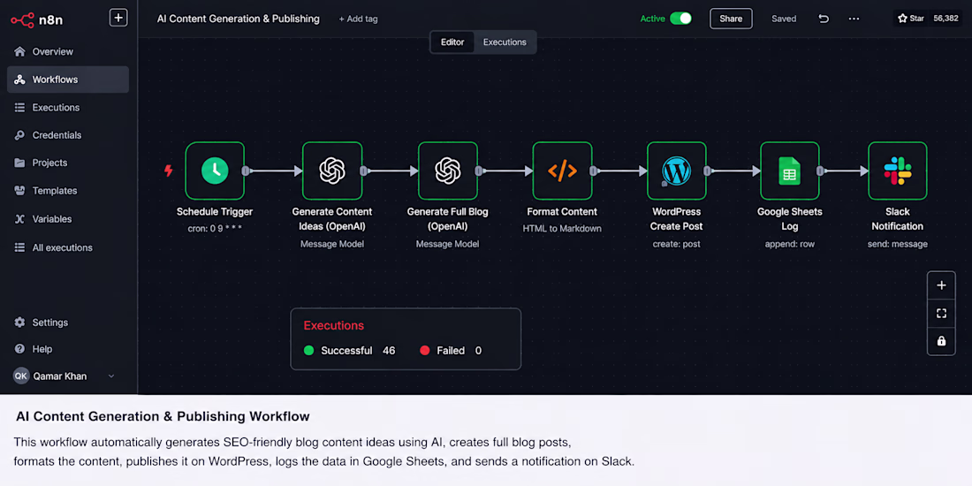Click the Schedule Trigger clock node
215,171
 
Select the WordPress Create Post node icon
676,171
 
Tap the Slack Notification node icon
898,171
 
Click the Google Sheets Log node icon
790,171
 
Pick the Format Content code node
562,171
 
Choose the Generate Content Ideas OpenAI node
332,171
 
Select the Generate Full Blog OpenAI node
448,171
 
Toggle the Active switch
680,19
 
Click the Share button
731,19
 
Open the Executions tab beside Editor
505,42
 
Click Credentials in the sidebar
57,135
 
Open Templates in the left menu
55,191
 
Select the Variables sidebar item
52,219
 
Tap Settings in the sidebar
50,323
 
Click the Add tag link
358,19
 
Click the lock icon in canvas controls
941,341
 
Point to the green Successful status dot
308,351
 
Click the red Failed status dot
425,351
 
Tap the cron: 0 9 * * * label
215,228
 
